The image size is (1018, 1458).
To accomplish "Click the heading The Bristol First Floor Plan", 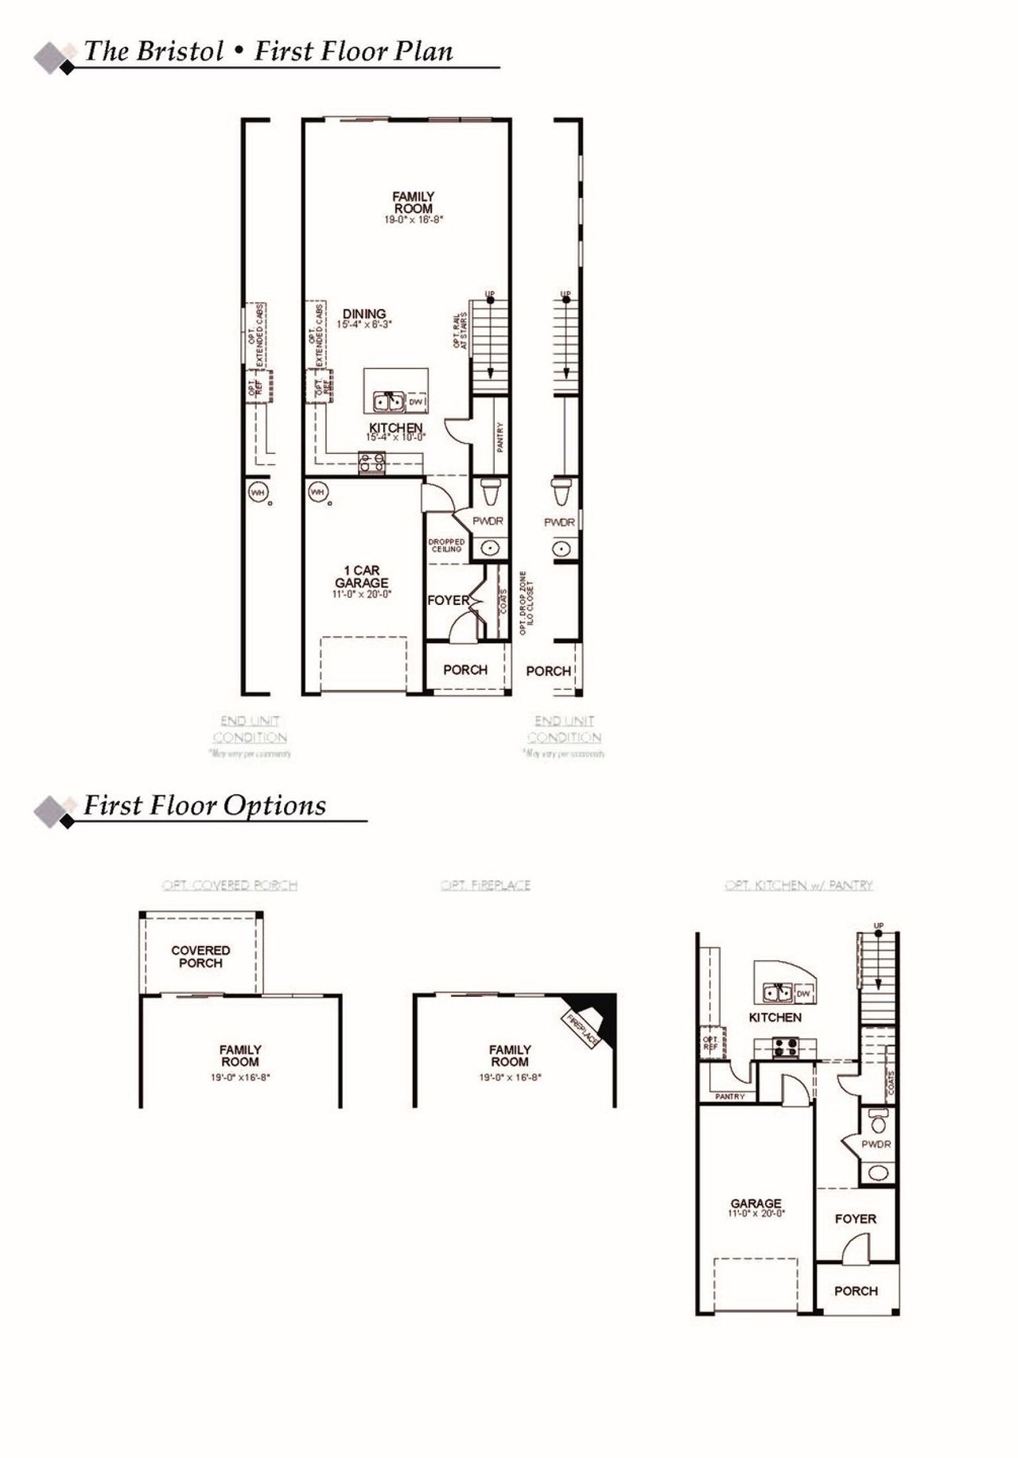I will [x=269, y=52].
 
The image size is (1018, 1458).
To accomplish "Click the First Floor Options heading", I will [x=205, y=805].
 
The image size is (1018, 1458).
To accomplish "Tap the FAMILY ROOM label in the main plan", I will [x=414, y=203].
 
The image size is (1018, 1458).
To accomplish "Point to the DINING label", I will [x=364, y=314].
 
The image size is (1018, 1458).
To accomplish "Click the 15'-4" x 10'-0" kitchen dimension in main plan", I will [x=396, y=437].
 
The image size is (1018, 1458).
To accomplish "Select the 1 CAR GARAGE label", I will [x=362, y=576].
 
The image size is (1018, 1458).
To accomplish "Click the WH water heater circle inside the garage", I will [x=318, y=492].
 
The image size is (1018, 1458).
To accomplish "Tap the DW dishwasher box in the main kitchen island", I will [x=416, y=402].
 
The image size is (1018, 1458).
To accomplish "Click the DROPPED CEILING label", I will [x=446, y=545].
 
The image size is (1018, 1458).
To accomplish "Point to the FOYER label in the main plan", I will [x=447, y=600].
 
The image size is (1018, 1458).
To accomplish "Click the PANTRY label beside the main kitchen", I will [x=500, y=437].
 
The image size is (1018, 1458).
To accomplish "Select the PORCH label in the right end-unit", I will [x=548, y=671].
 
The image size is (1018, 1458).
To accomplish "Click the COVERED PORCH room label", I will [x=200, y=956].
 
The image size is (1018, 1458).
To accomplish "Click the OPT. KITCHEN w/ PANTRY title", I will [x=798, y=885].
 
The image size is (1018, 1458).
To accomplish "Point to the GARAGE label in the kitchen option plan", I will [x=756, y=1204].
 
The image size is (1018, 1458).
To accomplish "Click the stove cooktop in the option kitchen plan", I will [x=786, y=1048].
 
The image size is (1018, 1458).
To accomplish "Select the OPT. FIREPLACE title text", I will [x=485, y=885].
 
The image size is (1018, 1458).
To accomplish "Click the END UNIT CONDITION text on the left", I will [x=250, y=729].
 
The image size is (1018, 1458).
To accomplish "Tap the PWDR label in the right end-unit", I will [x=559, y=522].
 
